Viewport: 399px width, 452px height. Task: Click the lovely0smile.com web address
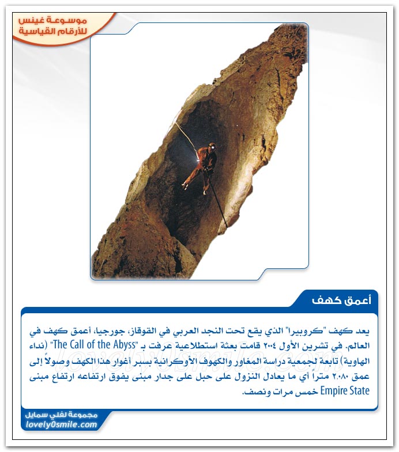[62, 425]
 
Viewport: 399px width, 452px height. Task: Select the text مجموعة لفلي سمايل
[62, 415]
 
